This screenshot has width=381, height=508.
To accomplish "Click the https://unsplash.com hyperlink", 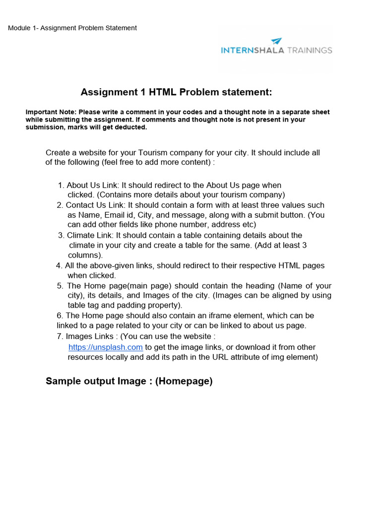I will pyautogui.click(x=106, y=347).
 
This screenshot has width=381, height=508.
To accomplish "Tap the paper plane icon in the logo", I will pyautogui.click(x=277, y=41).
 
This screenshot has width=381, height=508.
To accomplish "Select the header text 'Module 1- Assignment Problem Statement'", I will pyautogui.click(x=72, y=28).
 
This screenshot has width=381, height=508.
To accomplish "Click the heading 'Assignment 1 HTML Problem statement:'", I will pyautogui.click(x=177, y=92).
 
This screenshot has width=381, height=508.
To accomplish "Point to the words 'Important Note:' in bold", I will pyautogui.click(x=51, y=112).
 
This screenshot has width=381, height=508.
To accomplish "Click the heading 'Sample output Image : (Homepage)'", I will pyautogui.click(x=129, y=381).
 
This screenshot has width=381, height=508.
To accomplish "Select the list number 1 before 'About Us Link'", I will pyautogui.click(x=61, y=186).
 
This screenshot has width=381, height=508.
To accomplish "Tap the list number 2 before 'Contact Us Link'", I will pyautogui.click(x=60, y=205).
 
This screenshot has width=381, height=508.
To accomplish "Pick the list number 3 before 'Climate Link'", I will pyautogui.click(x=61, y=236).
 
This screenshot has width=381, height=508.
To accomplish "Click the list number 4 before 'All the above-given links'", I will pyautogui.click(x=59, y=266).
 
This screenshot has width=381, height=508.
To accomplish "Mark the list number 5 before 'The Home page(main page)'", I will pyautogui.click(x=60, y=286).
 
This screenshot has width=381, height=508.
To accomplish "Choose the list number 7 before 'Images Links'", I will pyautogui.click(x=60, y=337).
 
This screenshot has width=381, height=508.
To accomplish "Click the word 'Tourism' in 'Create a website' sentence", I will pyautogui.click(x=153, y=153).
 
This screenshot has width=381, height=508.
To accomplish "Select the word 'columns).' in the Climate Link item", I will pyautogui.click(x=85, y=255).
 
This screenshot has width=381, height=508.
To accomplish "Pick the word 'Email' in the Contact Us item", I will pyautogui.click(x=114, y=215).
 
